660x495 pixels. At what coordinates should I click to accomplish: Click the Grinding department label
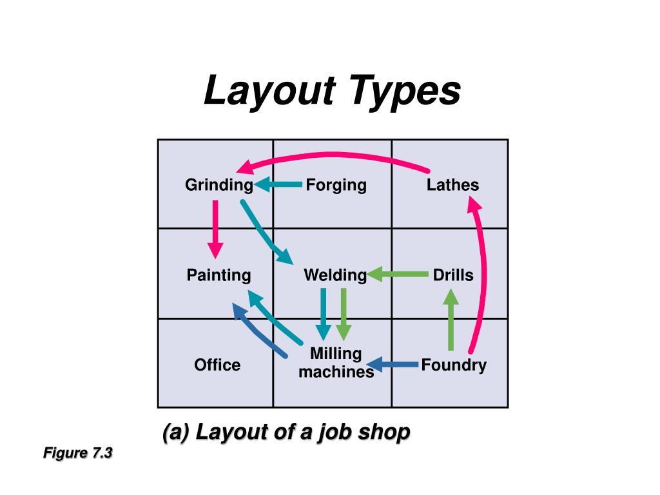(218, 186)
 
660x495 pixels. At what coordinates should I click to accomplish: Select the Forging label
(336, 186)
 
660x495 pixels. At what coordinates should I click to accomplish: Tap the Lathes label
(452, 186)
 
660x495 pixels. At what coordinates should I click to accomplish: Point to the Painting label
(218, 276)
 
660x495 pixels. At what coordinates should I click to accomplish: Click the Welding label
(335, 276)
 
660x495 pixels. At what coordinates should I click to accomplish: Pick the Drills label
(452, 276)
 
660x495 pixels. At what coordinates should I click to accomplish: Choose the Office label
(217, 365)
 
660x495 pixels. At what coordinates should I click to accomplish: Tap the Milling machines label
(336, 363)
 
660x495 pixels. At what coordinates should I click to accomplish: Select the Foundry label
(454, 365)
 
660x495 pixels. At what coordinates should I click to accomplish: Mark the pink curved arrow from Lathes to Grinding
(335, 155)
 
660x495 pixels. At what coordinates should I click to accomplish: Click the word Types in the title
(406, 91)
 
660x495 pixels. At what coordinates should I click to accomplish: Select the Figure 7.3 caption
(78, 453)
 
